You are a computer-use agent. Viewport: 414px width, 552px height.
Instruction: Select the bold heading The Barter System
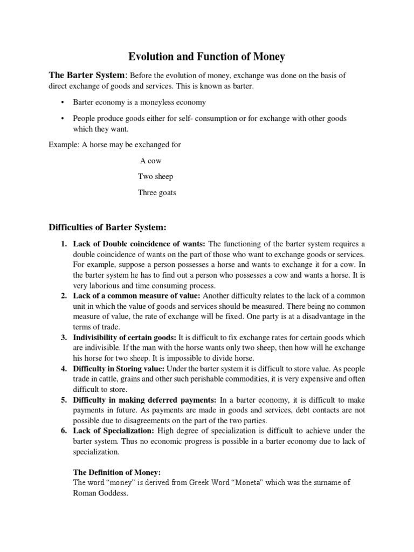[87, 75]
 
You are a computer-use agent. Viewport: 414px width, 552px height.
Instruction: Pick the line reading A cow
[150, 161]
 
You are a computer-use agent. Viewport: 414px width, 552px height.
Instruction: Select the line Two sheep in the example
[155, 176]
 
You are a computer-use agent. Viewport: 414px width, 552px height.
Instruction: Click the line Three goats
[157, 192]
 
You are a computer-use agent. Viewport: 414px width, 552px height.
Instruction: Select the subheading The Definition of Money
[117, 472]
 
